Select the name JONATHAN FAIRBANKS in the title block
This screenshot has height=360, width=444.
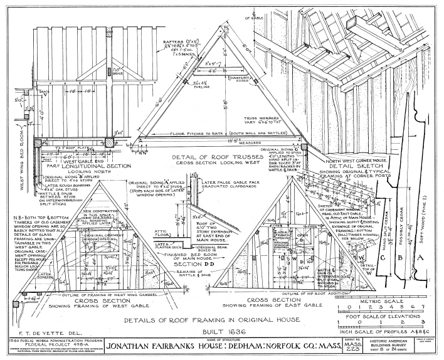[145, 345]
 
